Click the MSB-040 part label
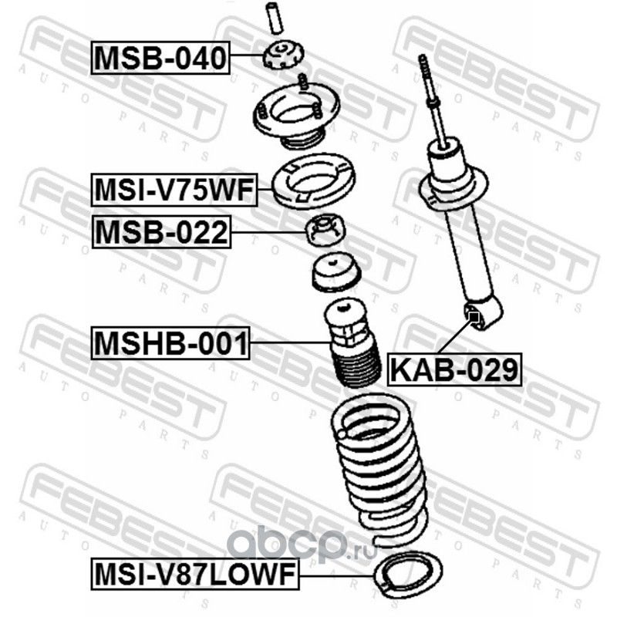coord(160,57)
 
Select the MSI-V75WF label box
coord(174,190)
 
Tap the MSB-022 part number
coord(161,232)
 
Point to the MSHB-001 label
coord(170,343)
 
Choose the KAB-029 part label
coord(454,369)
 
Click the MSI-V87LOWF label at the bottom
coord(195,574)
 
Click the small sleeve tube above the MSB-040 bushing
coord(274,18)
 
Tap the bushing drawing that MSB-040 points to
coord(283,56)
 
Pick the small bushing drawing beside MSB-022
coord(325,230)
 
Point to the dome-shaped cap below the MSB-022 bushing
coord(335,273)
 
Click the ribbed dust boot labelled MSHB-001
coord(352,342)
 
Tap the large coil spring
coord(379,468)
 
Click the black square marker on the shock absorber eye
coord(474,316)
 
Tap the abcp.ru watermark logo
coord(302,544)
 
